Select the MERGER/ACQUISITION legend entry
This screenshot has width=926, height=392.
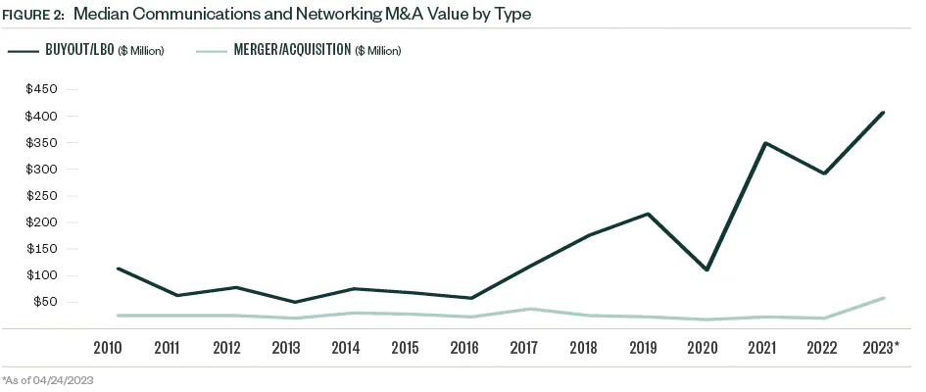304,50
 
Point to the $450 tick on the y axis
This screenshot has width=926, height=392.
42,89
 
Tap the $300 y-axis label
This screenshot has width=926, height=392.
42,169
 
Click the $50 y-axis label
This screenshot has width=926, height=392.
45,301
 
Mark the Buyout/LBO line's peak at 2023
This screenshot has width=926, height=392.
884,113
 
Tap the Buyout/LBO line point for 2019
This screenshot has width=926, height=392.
648,214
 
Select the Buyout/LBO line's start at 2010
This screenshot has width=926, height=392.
117,269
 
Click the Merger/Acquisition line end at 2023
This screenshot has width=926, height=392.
884,298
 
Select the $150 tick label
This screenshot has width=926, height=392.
42,248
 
